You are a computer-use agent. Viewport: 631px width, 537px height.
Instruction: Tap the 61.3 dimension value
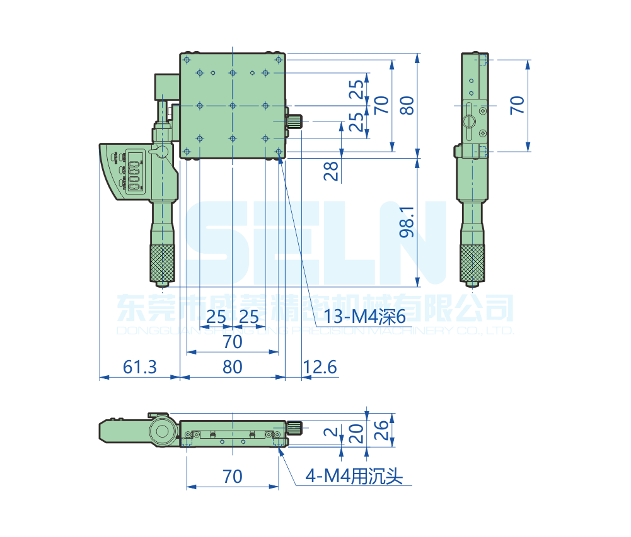tap(139, 367)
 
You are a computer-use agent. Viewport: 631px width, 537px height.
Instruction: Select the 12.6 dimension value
tap(320, 367)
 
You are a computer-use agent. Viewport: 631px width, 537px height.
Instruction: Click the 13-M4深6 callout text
tap(364, 317)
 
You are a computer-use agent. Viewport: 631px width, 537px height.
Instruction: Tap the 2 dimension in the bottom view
tap(330, 432)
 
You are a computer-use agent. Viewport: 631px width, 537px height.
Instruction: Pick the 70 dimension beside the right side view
tap(517, 105)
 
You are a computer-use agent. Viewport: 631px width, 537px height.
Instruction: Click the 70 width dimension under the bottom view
tap(233, 477)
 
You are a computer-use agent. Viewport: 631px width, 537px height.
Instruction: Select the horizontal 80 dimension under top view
tap(233, 367)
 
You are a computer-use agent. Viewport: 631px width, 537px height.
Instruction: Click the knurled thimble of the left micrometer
tap(162, 263)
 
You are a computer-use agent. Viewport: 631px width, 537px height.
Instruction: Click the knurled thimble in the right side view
tap(472, 263)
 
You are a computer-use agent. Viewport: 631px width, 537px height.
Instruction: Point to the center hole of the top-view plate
tap(233, 105)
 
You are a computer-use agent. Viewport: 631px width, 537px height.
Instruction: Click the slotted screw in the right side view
tap(470, 121)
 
